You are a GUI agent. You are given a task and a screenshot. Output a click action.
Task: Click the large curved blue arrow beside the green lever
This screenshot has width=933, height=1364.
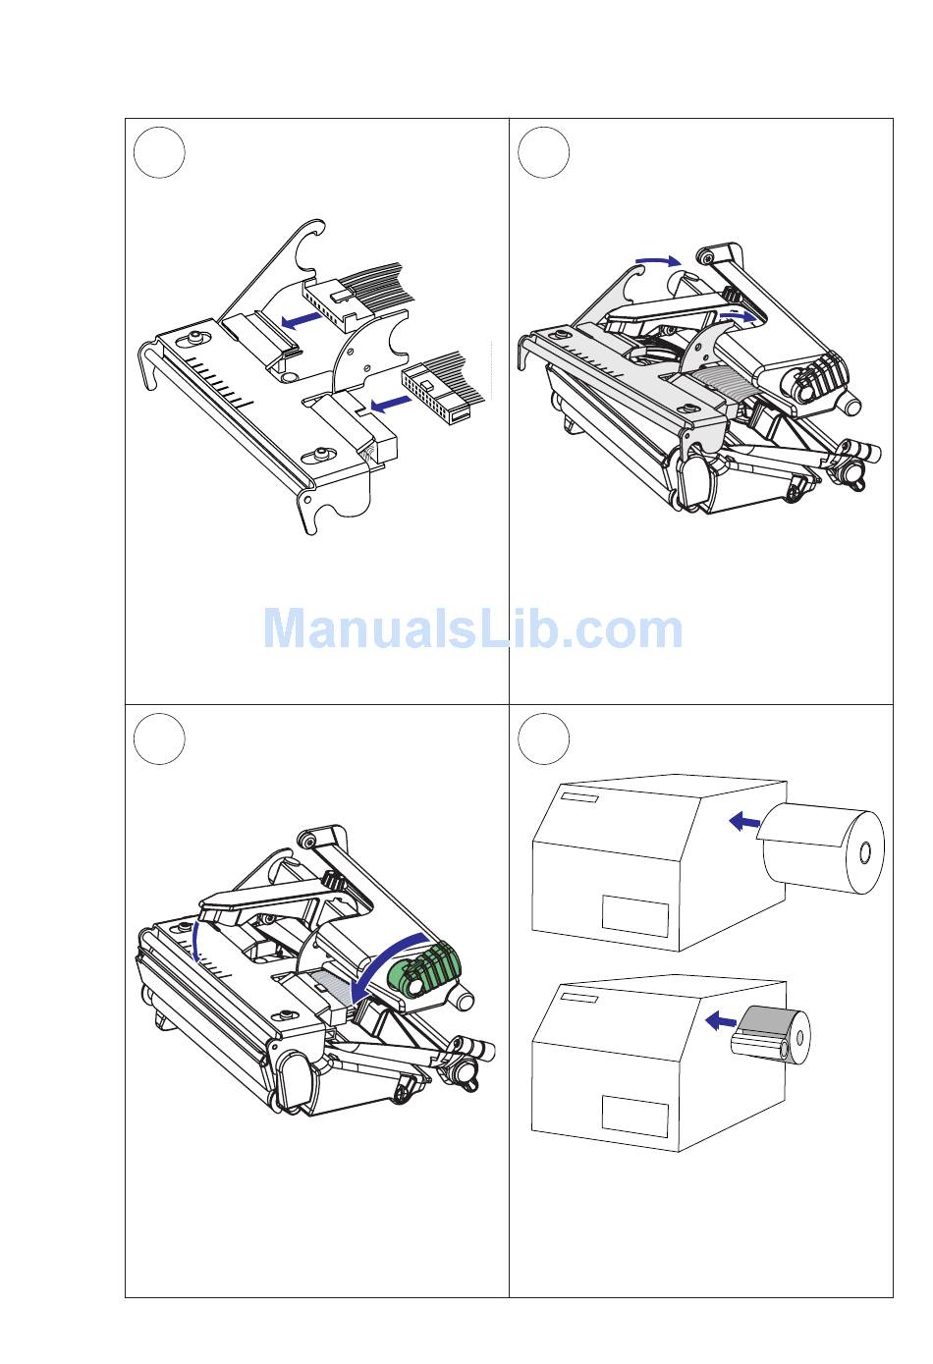390,956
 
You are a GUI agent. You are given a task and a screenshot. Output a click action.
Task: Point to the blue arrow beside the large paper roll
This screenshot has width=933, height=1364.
744,822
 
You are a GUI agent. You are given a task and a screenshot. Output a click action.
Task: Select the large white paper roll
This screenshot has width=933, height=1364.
822,848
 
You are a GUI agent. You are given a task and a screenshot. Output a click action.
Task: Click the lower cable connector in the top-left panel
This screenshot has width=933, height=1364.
436,393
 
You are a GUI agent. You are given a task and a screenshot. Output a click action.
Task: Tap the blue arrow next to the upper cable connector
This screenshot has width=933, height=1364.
302,320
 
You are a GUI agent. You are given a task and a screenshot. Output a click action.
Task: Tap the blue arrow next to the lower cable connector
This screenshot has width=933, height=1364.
390,403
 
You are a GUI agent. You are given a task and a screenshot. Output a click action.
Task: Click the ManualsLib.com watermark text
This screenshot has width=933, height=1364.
472,628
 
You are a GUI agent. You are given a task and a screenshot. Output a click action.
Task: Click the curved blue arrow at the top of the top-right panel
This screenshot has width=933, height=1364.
659,260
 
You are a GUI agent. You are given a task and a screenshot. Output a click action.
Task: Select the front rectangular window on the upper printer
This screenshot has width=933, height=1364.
635,916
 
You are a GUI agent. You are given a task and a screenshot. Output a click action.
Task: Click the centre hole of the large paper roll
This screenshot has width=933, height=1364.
864,852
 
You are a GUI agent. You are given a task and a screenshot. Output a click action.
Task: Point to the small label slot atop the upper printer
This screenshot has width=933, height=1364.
579,798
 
